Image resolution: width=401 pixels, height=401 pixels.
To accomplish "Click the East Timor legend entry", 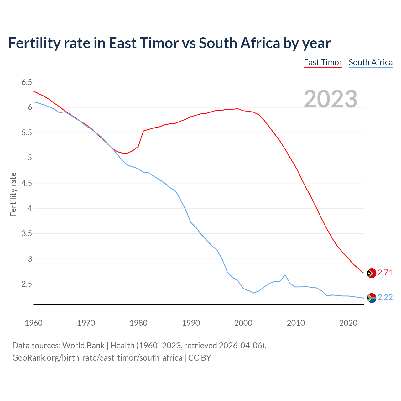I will click(x=323, y=62).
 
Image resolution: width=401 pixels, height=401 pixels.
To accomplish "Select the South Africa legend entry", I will click(x=371, y=62).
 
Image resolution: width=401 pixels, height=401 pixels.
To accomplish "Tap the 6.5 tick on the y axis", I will click(x=27, y=82).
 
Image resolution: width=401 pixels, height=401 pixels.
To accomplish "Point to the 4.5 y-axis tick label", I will click(x=27, y=183).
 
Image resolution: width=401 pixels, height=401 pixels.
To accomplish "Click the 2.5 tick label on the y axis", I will click(x=27, y=284).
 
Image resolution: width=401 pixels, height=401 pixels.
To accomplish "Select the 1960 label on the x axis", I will click(x=34, y=323).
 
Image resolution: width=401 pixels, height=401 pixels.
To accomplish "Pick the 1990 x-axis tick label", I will click(x=191, y=323).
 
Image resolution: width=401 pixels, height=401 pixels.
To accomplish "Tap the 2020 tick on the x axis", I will click(x=348, y=323).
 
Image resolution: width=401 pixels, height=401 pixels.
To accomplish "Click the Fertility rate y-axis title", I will click(x=13, y=194).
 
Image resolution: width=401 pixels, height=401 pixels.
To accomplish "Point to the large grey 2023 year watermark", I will click(x=331, y=99).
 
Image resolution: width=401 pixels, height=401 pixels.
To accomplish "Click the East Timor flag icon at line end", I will click(x=371, y=273).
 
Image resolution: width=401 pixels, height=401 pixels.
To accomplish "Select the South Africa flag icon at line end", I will click(x=371, y=298).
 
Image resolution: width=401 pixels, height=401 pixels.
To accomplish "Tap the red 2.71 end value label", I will click(x=385, y=273).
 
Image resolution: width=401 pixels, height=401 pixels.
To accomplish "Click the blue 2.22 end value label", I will click(x=385, y=298).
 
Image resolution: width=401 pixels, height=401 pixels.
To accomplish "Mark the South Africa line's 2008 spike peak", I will click(x=285, y=275).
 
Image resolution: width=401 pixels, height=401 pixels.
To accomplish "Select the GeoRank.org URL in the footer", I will click(x=97, y=358).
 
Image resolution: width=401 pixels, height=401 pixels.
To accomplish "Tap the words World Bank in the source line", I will click(x=83, y=346).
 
